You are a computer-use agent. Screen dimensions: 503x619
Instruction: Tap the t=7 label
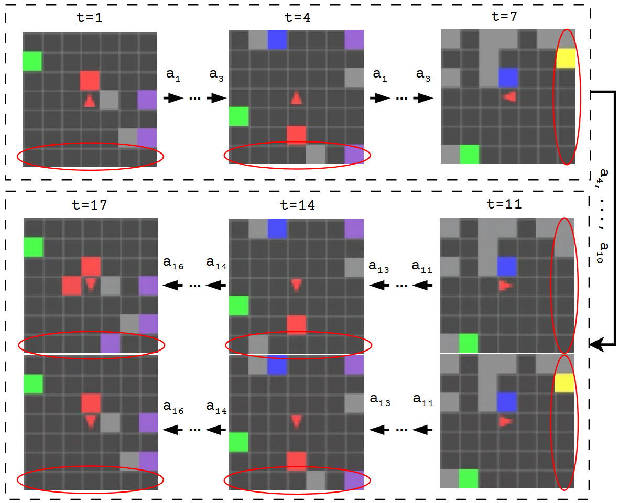click(x=504, y=16)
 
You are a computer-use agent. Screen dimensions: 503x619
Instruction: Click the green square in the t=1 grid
click(x=32, y=61)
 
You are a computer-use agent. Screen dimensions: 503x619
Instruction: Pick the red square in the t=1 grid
click(x=90, y=80)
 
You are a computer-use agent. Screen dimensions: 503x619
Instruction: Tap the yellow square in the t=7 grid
click(x=566, y=58)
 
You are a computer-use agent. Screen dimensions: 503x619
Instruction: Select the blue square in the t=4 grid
click(x=277, y=40)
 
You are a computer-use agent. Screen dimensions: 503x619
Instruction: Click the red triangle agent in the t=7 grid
click(x=509, y=97)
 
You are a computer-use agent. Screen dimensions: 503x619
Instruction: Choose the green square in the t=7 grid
click(x=469, y=155)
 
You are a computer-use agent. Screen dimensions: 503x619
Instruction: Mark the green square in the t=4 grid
click(x=238, y=116)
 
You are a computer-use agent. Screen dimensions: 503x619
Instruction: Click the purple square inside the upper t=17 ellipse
click(x=110, y=343)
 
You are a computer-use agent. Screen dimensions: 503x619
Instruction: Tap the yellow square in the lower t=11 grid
click(x=565, y=383)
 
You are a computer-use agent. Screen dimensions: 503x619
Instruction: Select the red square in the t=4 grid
click(x=296, y=135)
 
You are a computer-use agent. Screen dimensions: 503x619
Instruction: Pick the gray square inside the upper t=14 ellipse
click(x=258, y=344)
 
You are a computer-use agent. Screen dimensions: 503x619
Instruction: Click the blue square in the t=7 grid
click(x=508, y=78)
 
